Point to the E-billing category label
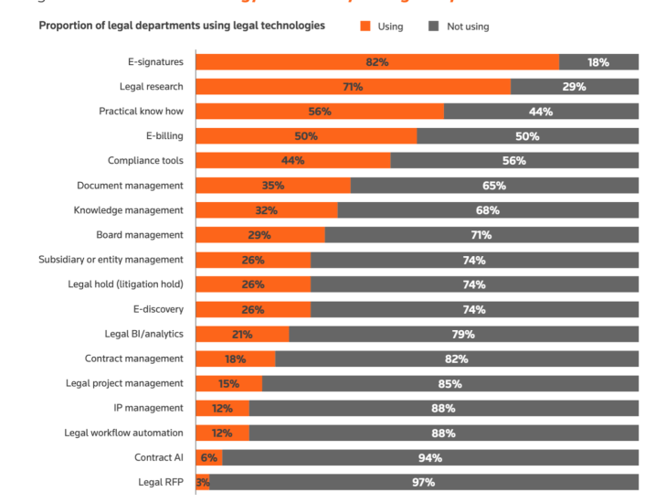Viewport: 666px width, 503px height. point(158,136)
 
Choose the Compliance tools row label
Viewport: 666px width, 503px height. point(145,161)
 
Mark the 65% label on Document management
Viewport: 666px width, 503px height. point(494,186)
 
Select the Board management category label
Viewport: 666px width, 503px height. point(140,235)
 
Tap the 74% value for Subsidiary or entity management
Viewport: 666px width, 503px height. point(474,260)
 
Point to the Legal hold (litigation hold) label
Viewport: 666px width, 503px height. point(125,284)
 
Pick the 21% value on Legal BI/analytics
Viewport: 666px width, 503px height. point(241,334)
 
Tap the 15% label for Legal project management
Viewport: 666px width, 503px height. point(228,383)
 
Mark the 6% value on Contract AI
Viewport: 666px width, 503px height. point(209,457)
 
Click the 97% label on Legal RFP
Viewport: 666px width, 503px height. point(423,482)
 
